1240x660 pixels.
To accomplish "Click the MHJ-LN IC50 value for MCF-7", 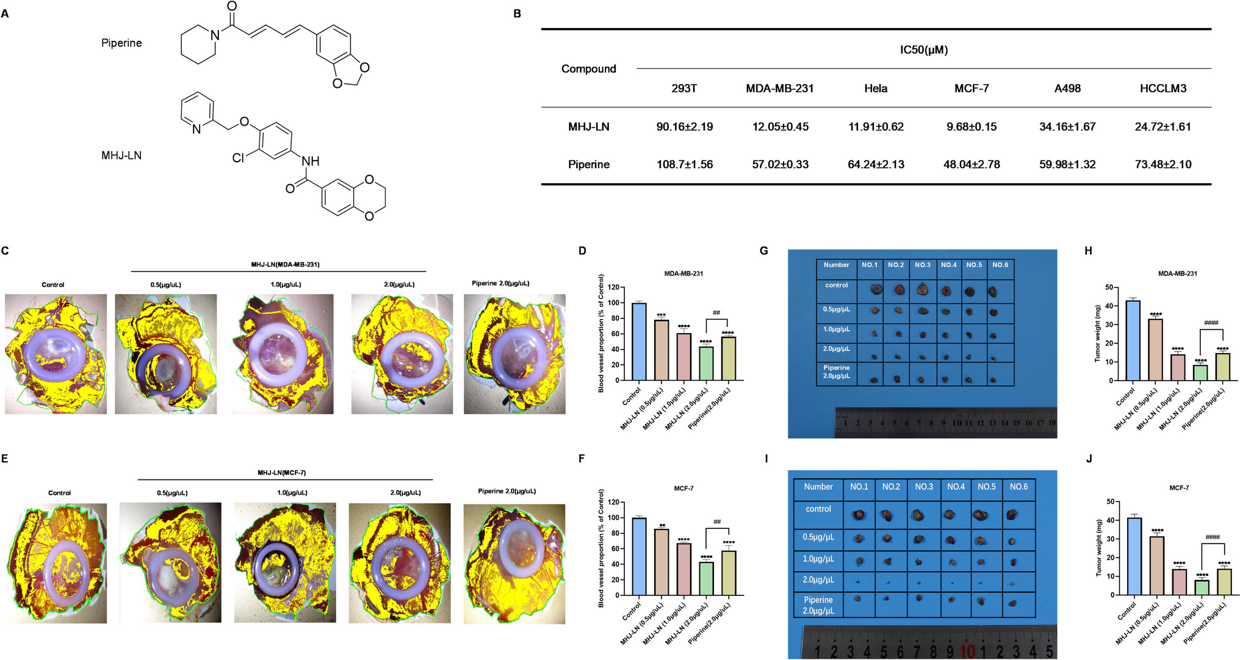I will tap(971, 127).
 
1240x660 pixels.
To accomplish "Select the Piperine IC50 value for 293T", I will tap(684, 165).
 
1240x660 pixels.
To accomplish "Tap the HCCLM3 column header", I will tap(1162, 88).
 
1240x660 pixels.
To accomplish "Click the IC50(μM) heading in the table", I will tap(923, 50).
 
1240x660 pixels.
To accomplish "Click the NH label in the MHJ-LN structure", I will tap(311, 161).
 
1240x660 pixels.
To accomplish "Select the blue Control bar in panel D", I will tap(639, 342).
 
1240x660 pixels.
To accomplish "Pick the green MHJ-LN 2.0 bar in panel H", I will tap(1200, 373).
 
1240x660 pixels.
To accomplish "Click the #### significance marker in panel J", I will tap(1212, 537).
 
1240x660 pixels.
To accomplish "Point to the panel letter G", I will tap(763, 251).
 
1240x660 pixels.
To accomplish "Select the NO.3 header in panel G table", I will tap(922, 265).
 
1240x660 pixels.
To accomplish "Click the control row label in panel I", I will tap(818, 509).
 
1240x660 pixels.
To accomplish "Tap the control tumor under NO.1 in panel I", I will tap(859, 515).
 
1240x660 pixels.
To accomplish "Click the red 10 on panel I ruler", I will tap(967, 651).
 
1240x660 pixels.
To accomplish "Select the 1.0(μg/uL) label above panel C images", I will tap(286, 285).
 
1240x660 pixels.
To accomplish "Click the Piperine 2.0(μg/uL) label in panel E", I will tap(506, 491).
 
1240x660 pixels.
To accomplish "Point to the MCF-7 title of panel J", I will tap(1178, 488).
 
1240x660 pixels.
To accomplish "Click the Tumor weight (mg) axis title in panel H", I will tap(1097, 333).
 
